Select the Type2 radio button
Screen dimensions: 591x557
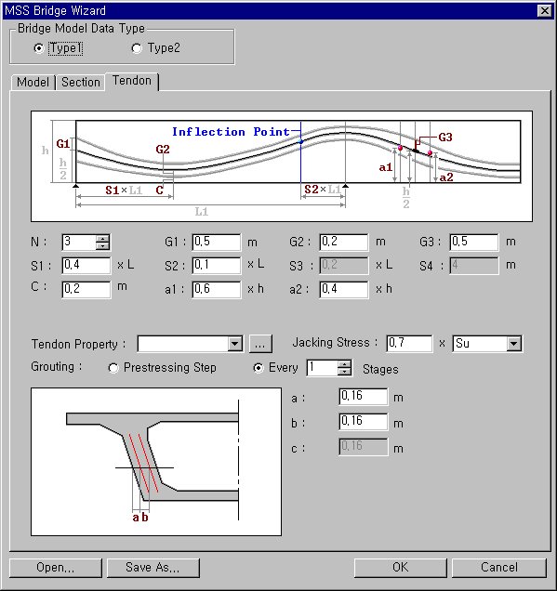click(x=138, y=48)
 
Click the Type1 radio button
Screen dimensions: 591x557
click(x=38, y=48)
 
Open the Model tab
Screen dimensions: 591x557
click(x=33, y=82)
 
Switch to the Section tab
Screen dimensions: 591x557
click(x=81, y=82)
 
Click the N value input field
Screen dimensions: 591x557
click(x=78, y=243)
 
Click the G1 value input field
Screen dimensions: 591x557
click(x=216, y=243)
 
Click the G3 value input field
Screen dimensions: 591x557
click(x=472, y=243)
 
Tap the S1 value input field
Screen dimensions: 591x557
click(x=86, y=265)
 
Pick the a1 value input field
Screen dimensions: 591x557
click(x=216, y=289)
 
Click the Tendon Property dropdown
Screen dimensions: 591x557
click(x=190, y=344)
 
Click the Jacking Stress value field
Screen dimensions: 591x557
click(x=409, y=344)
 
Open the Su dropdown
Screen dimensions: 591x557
click(x=487, y=344)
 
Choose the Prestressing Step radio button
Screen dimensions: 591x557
click(x=114, y=368)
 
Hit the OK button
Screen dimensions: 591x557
click(x=400, y=568)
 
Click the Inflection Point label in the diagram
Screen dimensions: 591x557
click(x=231, y=132)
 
